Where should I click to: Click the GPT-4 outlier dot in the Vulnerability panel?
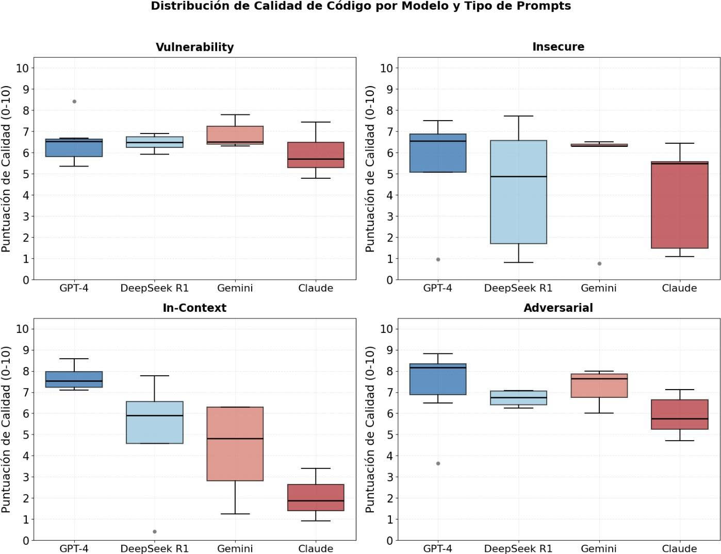(74, 102)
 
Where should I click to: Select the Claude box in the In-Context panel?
(316, 497)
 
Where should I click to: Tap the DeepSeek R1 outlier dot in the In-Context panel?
(155, 531)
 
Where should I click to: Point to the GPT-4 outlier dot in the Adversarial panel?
(438, 463)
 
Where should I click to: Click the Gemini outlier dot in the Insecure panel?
(599, 263)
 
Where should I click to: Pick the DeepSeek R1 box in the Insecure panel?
(518, 192)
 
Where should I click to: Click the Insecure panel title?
(558, 47)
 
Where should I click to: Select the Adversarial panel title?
(558, 308)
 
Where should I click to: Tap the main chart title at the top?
(360, 6)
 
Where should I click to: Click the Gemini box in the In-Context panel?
(235, 444)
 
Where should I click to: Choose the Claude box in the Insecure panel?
(679, 205)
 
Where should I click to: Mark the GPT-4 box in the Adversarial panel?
(438, 379)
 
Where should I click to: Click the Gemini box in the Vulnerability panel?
(235, 135)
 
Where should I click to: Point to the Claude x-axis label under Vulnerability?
(316, 288)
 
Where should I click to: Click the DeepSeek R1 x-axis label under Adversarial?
(518, 549)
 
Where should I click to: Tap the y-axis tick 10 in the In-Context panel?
(23, 329)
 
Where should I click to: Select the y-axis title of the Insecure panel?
(369, 169)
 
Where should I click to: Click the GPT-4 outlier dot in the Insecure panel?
(438, 259)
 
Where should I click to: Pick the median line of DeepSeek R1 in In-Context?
(155, 415)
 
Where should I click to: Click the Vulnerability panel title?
(194, 47)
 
